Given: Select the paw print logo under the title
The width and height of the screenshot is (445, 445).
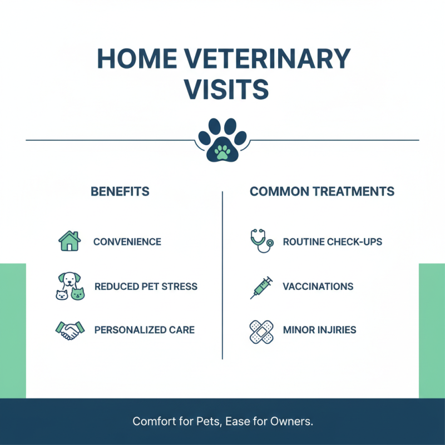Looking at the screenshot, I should coord(222,141).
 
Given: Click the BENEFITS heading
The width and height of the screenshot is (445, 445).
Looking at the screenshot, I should coord(120,192).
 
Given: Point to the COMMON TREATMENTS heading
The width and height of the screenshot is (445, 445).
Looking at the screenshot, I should coord(322,192).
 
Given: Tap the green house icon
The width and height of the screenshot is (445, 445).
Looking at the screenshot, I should coord(70,241).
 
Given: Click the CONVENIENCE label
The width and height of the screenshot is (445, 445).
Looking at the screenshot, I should coord(127,242).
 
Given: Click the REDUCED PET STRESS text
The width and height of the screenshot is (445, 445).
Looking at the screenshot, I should coord(146,287).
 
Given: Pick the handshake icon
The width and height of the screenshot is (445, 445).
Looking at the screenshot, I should coord(70,330).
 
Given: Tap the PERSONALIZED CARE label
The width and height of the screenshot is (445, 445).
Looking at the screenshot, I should coord(145,330).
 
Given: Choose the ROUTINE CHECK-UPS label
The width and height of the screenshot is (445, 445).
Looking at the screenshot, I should coord(333,242).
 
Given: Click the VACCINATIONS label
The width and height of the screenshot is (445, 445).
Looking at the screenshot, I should coord(318,287).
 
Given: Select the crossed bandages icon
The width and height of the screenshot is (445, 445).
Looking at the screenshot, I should coord(260,330).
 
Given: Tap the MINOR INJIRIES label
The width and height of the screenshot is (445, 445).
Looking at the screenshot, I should coord(319,330).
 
